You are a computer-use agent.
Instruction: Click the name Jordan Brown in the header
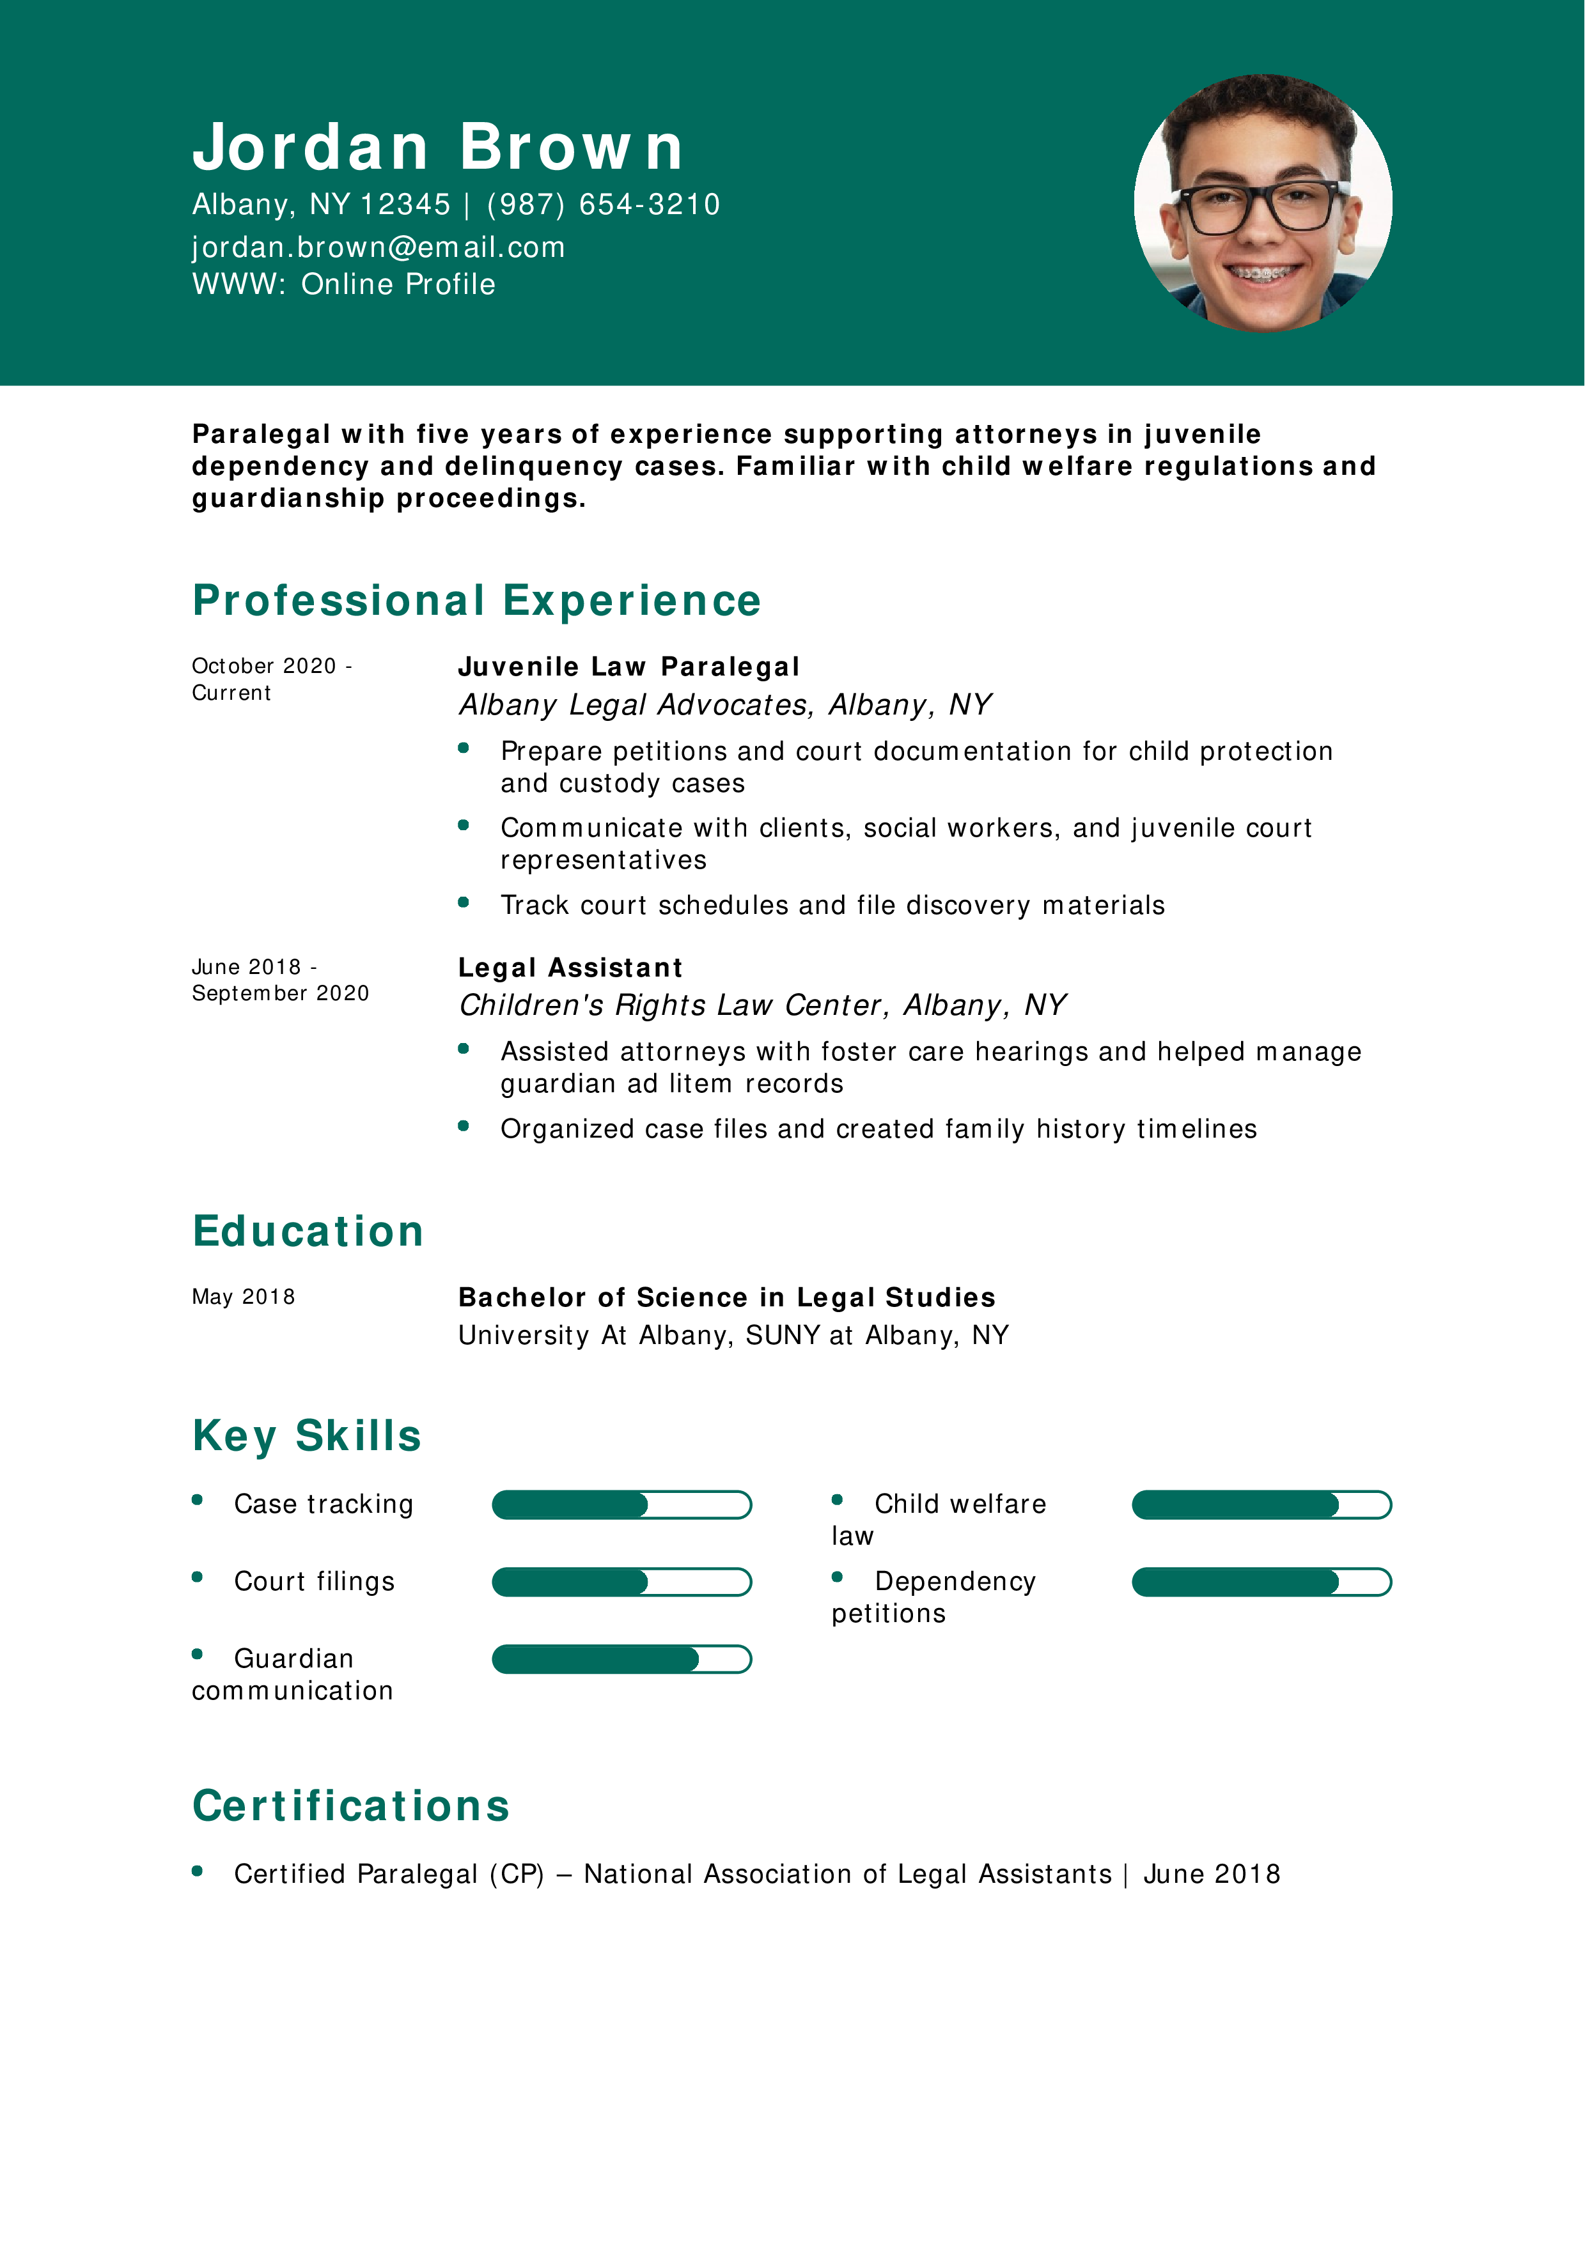point(437,148)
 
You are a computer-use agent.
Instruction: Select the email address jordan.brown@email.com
point(378,247)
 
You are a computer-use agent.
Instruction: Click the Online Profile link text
point(398,284)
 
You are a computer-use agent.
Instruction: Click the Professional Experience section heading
point(476,601)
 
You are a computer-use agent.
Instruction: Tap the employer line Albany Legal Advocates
point(724,704)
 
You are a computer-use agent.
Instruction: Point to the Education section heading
point(308,1232)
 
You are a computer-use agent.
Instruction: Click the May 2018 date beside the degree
point(243,1297)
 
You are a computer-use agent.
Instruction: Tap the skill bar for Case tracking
point(621,1504)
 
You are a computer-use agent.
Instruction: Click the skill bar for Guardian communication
point(621,1659)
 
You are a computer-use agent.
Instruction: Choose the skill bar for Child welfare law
point(1261,1504)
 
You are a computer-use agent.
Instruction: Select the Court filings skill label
point(313,1582)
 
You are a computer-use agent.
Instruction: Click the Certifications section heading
point(350,1807)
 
